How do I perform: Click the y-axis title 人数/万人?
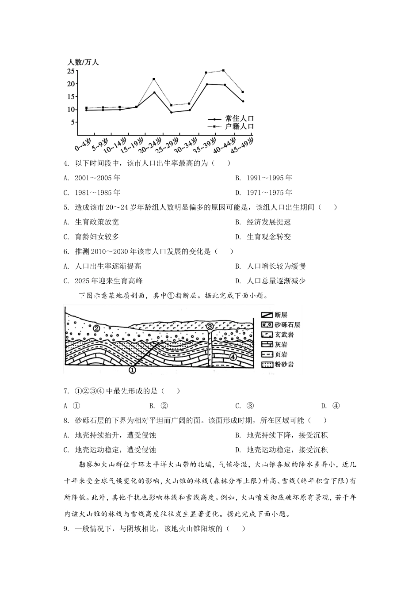[x=83, y=62]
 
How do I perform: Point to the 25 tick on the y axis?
[x=71, y=71]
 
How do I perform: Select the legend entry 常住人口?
[x=239, y=119]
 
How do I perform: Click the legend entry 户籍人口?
[x=239, y=126]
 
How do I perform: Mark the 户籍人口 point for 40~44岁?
[x=223, y=71]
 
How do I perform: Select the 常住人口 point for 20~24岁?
[x=154, y=92]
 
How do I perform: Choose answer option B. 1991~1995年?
[x=263, y=178]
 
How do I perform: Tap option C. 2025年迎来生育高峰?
[x=103, y=281]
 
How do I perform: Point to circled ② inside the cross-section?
[x=96, y=328]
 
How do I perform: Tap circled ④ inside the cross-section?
[x=233, y=357]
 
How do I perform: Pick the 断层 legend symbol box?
[x=266, y=315]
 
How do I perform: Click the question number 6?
[x=66, y=251]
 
